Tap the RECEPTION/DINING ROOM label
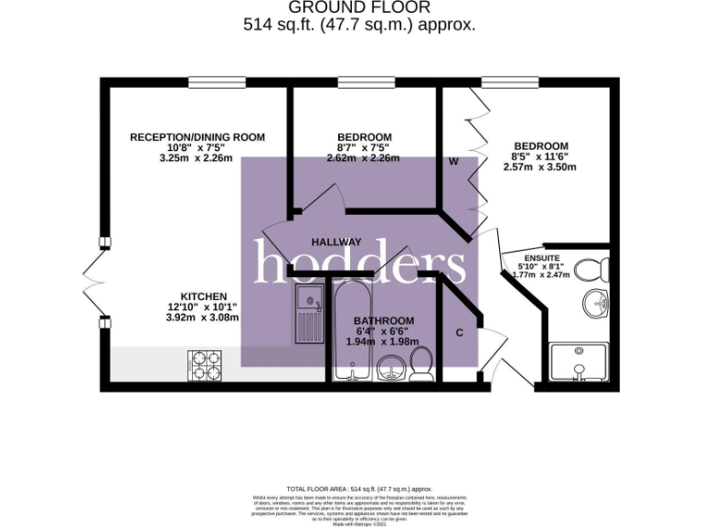coord(197,137)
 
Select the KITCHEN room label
coord(203,296)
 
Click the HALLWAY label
coord(336,242)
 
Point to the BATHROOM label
coord(384,321)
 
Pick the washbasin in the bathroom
coord(390,371)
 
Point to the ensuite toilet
coord(599,268)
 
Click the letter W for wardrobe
coord(452,162)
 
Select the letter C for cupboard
coord(460,332)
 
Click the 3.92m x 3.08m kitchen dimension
coord(203,317)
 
